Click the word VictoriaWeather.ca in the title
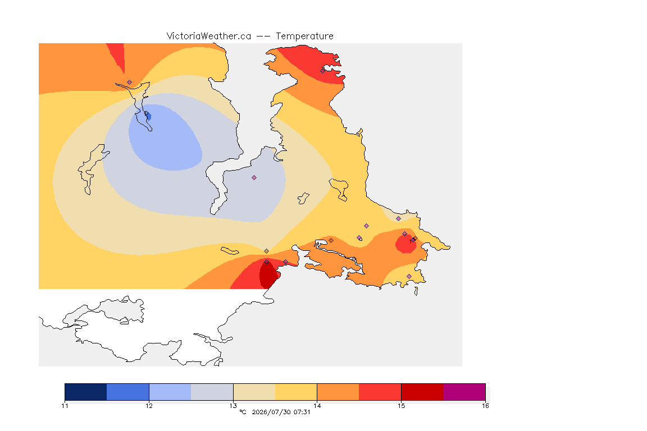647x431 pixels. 209,36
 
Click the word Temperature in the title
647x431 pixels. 304,36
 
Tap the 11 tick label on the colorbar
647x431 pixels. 65,406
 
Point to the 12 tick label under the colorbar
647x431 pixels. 149,406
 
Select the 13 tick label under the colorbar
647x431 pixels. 233,406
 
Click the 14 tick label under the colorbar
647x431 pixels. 317,406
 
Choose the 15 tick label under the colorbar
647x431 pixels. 401,406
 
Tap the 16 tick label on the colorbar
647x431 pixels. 485,406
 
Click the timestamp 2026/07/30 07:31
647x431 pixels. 281,412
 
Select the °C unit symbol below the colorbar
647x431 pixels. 243,412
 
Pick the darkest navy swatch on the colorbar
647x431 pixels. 86,392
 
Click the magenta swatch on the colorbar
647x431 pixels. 464,392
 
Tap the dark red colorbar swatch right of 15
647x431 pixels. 422,392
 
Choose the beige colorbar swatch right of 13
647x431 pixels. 254,392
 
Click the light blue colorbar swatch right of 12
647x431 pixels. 170,392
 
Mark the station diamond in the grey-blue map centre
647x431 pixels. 254,178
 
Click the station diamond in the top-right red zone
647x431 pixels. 323,71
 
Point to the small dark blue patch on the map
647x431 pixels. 148,117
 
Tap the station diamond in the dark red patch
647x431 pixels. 267,262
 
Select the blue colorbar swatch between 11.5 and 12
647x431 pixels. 128,392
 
